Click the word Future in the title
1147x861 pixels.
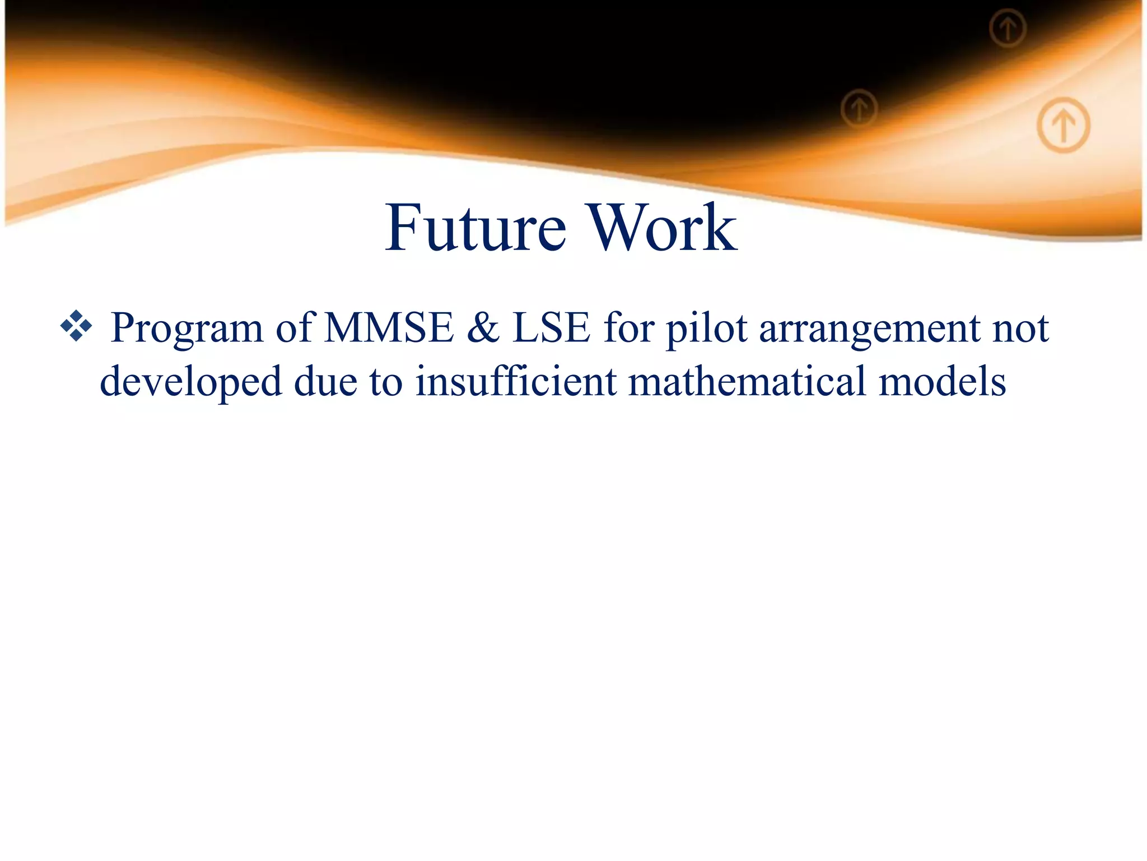(475, 228)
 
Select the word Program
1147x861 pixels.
(186, 328)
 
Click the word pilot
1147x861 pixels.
(706, 328)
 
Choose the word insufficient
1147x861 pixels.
(515, 381)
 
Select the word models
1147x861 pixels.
(942, 381)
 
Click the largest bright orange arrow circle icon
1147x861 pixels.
(1063, 124)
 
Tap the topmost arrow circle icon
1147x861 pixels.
(1007, 28)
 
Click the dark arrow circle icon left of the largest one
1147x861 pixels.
(859, 109)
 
